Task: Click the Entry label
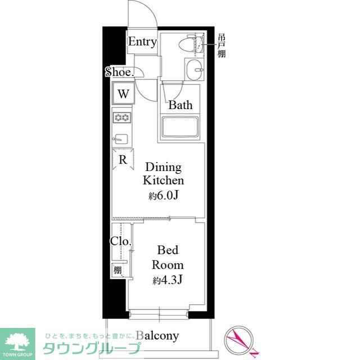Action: pyautogui.click(x=142, y=42)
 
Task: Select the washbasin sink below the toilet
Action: pyautogui.click(x=194, y=69)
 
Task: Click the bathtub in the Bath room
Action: pyautogui.click(x=180, y=127)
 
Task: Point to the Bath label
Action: pyautogui.click(x=181, y=105)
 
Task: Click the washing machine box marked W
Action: pyautogui.click(x=123, y=94)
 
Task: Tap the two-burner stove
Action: pyautogui.click(x=122, y=118)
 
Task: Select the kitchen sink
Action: pyautogui.click(x=120, y=139)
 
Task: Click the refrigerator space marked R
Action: pyautogui.click(x=123, y=159)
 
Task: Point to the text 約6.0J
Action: pyautogui.click(x=164, y=195)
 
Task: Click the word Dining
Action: pyautogui.click(x=164, y=167)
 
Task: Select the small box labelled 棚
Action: pyautogui.click(x=118, y=270)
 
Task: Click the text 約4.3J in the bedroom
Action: pyautogui.click(x=168, y=280)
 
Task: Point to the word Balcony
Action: pyautogui.click(x=157, y=336)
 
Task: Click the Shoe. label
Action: pyautogui.click(x=120, y=72)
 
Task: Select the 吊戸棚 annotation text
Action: pyautogui.click(x=222, y=46)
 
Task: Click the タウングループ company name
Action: pyautogui.click(x=92, y=348)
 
